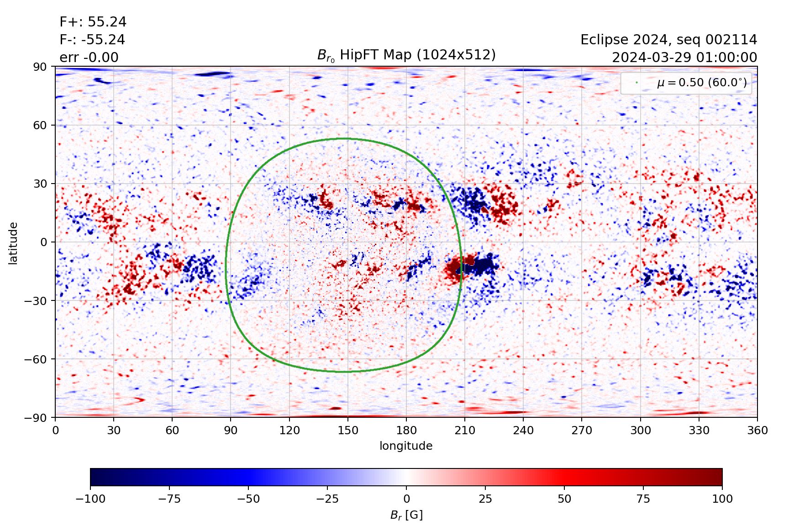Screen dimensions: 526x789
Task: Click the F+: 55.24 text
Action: tap(93, 22)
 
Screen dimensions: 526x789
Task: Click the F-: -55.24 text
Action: tap(92, 40)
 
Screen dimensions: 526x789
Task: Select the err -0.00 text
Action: tap(89, 58)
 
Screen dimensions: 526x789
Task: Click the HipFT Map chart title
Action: tap(406, 55)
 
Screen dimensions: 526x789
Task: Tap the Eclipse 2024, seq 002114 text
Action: tap(668, 40)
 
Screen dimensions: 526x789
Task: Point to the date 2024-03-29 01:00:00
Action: tap(684, 58)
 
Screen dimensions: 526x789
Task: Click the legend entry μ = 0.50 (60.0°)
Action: tap(701, 83)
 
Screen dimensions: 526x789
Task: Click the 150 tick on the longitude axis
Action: tap(347, 430)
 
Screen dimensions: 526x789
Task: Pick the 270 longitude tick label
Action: tap(582, 430)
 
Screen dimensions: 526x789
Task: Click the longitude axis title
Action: tap(406, 446)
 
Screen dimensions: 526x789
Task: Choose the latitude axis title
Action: tap(13, 243)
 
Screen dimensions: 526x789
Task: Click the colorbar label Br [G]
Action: tap(406, 515)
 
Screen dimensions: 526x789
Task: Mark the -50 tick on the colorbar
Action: tap(248, 499)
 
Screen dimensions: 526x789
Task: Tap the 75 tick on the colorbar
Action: tap(643, 499)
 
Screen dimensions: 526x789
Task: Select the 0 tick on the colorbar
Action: tap(406, 499)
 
